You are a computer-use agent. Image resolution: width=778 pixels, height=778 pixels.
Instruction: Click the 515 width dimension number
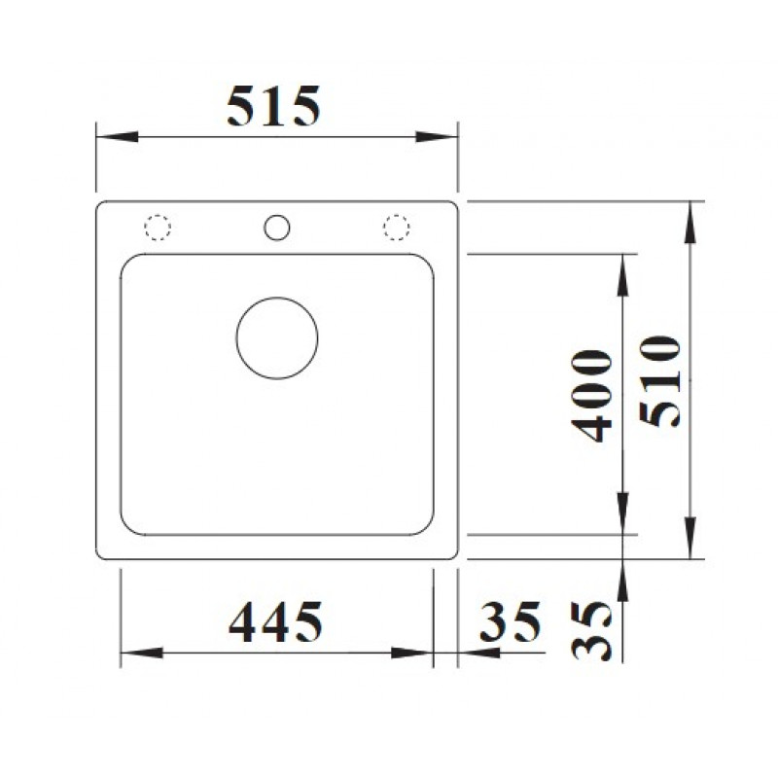(273, 106)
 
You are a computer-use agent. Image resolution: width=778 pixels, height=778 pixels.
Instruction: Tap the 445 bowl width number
(275, 621)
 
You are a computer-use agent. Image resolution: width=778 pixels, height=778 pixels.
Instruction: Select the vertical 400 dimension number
(591, 396)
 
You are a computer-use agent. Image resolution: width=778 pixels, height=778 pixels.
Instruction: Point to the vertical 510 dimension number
(659, 381)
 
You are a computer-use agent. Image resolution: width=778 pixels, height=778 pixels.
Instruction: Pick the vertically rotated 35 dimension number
(591, 630)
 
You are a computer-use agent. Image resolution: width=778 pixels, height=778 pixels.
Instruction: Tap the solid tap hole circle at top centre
(277, 228)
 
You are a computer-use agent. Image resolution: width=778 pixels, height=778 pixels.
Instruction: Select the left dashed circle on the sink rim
(158, 228)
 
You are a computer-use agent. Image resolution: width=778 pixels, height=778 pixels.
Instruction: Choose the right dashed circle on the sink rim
(397, 228)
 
